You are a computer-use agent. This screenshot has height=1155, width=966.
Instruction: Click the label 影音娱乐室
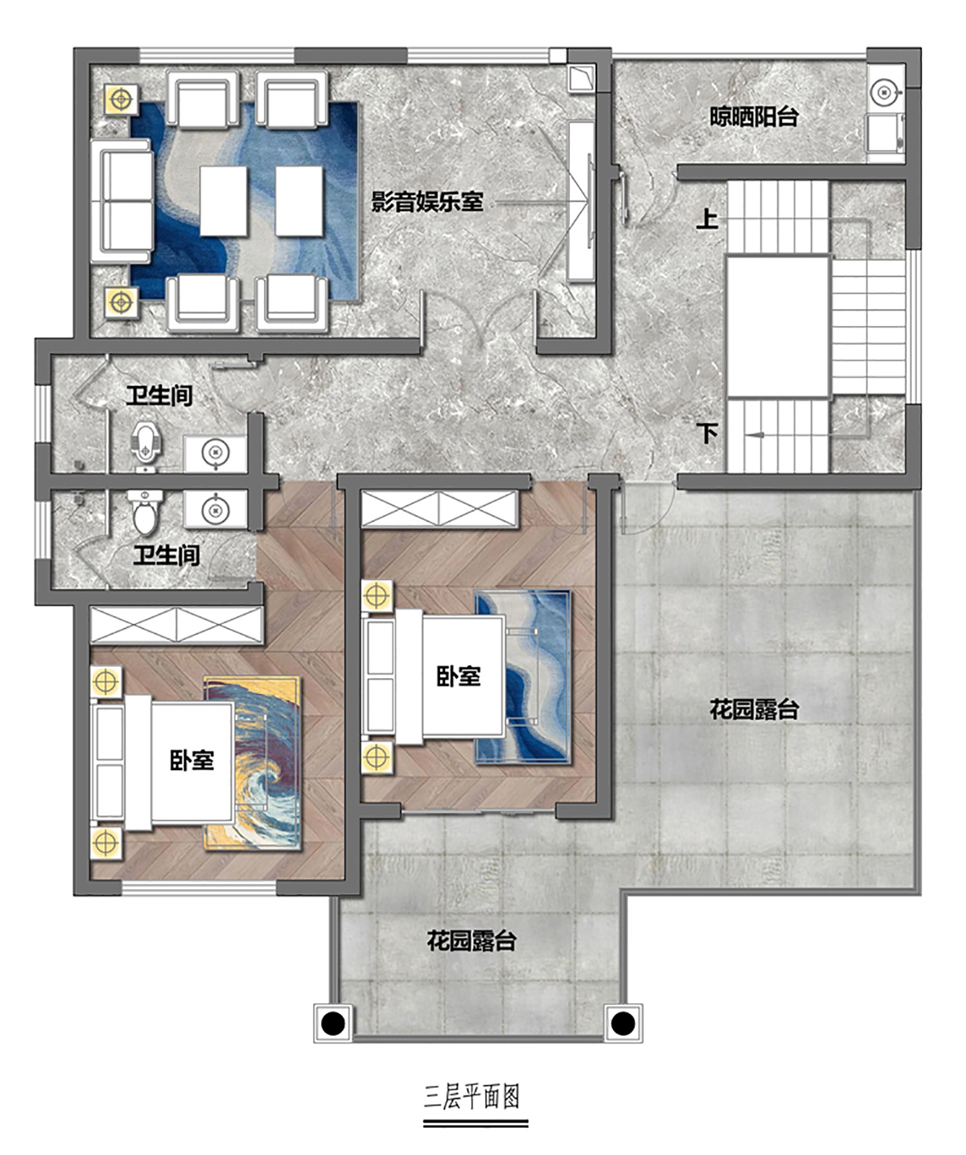tap(427, 202)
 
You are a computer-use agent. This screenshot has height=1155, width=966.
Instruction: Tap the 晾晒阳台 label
tap(754, 117)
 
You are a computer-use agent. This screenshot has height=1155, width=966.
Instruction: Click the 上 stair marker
tap(707, 219)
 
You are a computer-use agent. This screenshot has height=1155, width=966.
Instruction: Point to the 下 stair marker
tap(708, 432)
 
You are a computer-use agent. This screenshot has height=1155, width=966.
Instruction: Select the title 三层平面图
tap(472, 1096)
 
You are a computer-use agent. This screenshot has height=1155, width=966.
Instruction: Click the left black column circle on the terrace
tap(333, 1022)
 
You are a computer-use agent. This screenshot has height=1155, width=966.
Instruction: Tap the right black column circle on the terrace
tap(622, 1022)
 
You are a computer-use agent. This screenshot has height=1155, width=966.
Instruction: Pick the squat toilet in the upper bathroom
tap(146, 442)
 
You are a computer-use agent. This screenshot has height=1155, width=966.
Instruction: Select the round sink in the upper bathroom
tap(215, 453)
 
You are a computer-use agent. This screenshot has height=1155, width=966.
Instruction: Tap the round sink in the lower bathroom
tap(215, 511)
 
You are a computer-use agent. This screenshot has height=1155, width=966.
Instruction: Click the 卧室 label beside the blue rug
tap(459, 676)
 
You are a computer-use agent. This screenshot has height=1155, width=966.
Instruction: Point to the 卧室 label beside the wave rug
tap(192, 760)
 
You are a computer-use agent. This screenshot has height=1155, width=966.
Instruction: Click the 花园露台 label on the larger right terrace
tap(754, 709)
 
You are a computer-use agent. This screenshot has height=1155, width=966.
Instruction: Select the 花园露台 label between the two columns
tap(471, 941)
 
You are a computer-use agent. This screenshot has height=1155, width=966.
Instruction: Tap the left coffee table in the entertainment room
tap(223, 201)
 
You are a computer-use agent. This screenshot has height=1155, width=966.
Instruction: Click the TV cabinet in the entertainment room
tap(581, 201)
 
